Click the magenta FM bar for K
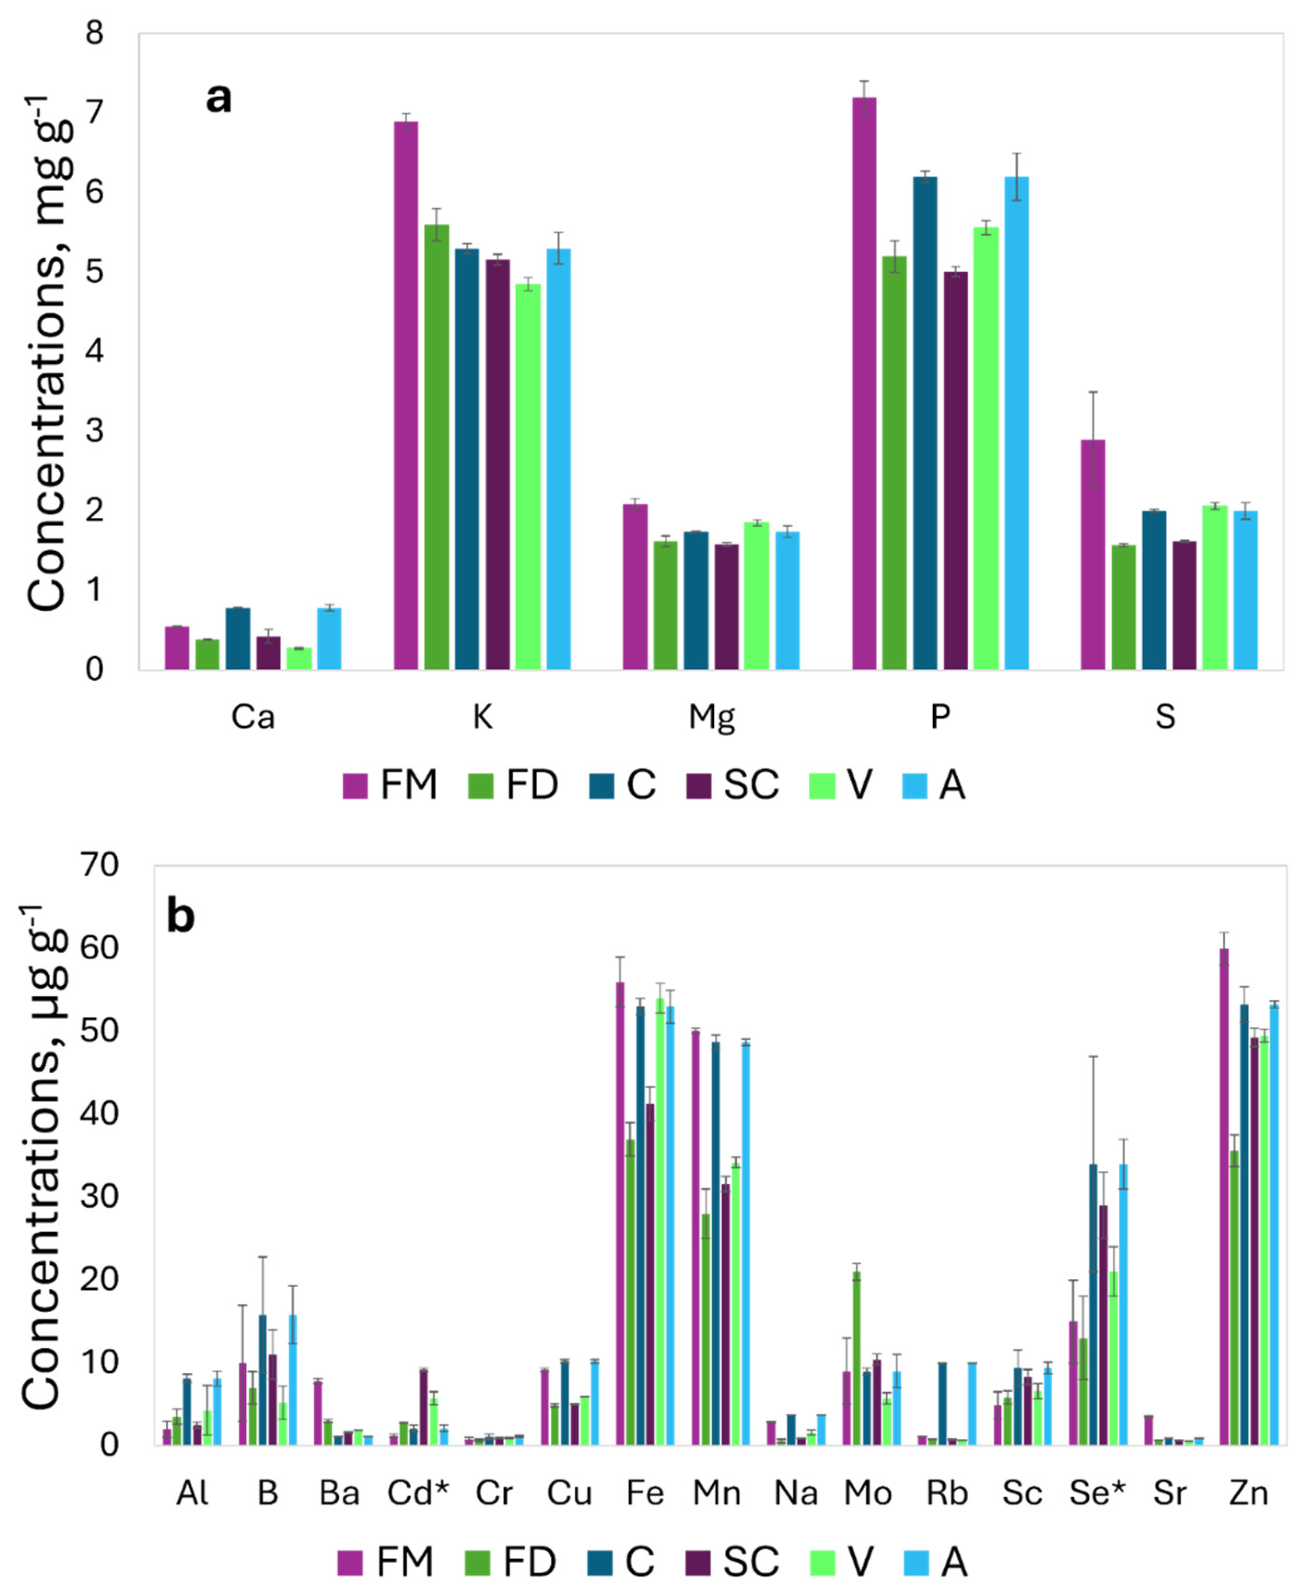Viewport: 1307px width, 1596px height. coord(406,396)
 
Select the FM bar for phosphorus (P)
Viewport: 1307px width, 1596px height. coord(864,384)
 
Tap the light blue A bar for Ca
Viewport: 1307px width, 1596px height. coord(329,639)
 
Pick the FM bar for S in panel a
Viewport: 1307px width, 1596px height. coord(1093,555)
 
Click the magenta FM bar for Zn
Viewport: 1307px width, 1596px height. coord(1224,1197)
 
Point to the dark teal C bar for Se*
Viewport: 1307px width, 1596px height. coord(1093,1305)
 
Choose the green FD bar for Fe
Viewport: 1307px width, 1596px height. coord(630,1292)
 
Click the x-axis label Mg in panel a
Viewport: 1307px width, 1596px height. coord(711,717)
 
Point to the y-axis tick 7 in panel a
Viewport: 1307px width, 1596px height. coord(94,113)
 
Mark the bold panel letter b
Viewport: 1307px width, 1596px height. coord(181,916)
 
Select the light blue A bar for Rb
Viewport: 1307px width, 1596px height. coord(972,1404)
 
